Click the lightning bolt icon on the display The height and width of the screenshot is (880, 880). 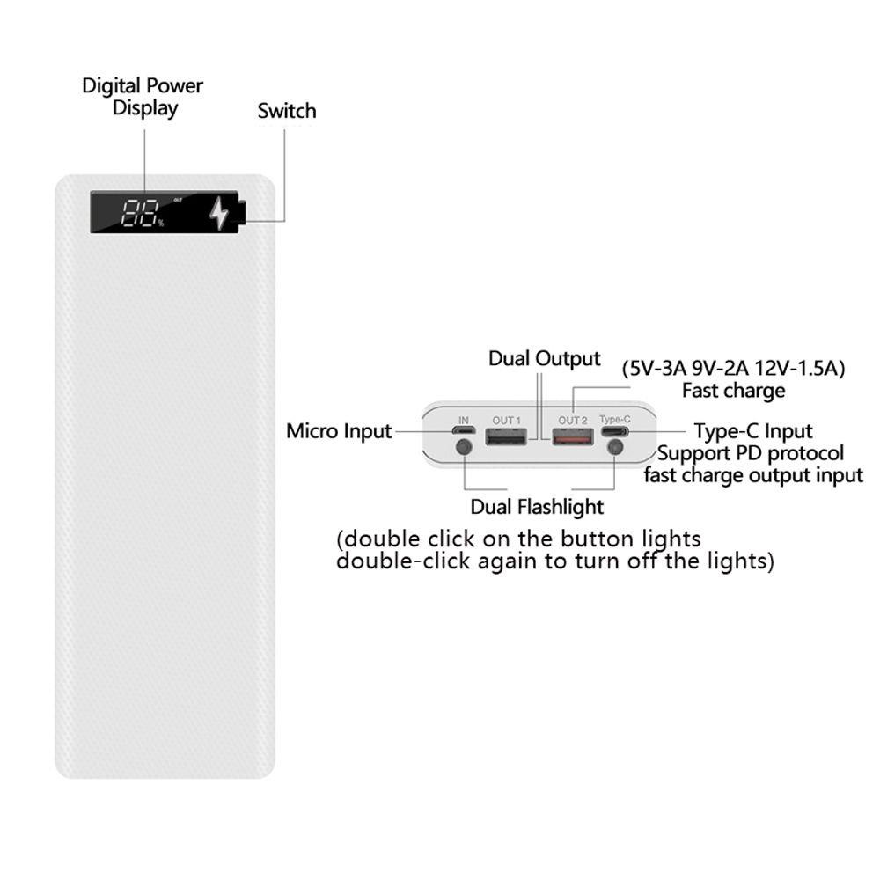coord(217,213)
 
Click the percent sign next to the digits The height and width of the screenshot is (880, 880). coord(161,223)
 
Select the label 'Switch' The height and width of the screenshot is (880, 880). coord(286,112)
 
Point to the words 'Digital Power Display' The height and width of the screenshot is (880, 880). coord(143,97)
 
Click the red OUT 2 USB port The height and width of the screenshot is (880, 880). coord(573,436)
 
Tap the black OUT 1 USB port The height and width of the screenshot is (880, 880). coord(506,436)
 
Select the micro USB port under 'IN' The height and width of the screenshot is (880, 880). coord(464,431)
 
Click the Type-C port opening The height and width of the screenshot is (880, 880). coord(615,432)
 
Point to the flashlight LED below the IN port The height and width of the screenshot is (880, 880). coord(463,447)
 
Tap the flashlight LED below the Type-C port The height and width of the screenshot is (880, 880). coord(615,447)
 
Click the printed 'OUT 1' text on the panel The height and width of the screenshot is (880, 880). coord(506,421)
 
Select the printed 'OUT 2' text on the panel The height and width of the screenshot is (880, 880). coord(573,421)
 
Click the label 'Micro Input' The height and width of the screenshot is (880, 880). coord(339,431)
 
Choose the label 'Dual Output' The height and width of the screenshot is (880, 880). coord(545,359)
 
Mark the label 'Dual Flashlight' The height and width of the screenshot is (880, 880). coord(537,507)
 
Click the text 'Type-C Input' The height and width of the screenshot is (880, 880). coord(753,431)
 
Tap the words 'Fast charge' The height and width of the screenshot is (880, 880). coord(733,390)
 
